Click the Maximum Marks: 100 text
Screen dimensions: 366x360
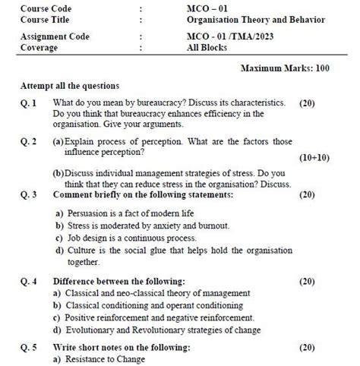[284, 68]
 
